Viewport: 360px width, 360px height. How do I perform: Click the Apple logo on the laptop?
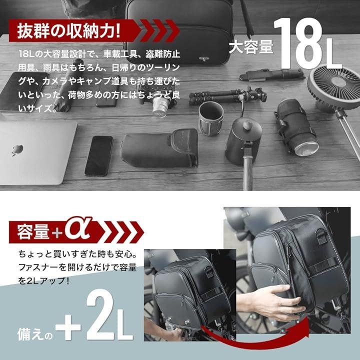(x=17, y=150)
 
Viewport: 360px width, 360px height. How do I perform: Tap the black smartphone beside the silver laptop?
(x=99, y=156)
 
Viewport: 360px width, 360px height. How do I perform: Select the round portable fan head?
(x=334, y=84)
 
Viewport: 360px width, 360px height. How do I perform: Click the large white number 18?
(x=301, y=43)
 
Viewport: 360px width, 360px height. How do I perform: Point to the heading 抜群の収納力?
(x=68, y=30)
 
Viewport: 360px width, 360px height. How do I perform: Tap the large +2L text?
(x=94, y=318)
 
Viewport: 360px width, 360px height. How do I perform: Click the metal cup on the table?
(x=211, y=118)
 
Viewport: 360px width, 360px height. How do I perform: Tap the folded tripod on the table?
(x=227, y=95)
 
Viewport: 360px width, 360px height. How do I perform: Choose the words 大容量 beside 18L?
(x=251, y=46)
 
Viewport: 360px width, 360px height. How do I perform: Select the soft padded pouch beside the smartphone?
(x=159, y=148)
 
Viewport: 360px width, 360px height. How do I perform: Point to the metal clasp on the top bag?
(x=204, y=59)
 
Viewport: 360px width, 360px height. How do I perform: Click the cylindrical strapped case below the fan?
(x=296, y=127)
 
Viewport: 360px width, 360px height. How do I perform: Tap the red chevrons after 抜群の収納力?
(x=160, y=31)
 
